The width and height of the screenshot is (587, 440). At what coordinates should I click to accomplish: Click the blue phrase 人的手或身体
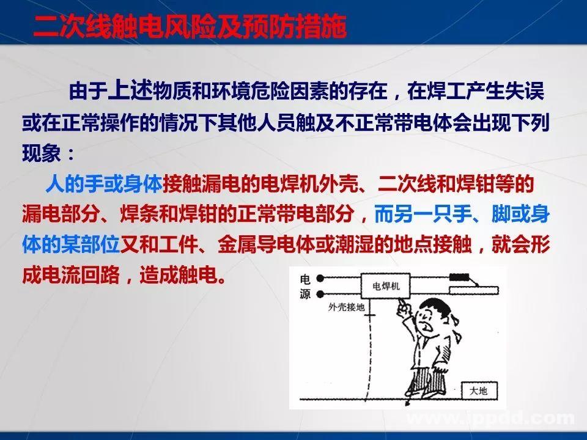click(x=103, y=183)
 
